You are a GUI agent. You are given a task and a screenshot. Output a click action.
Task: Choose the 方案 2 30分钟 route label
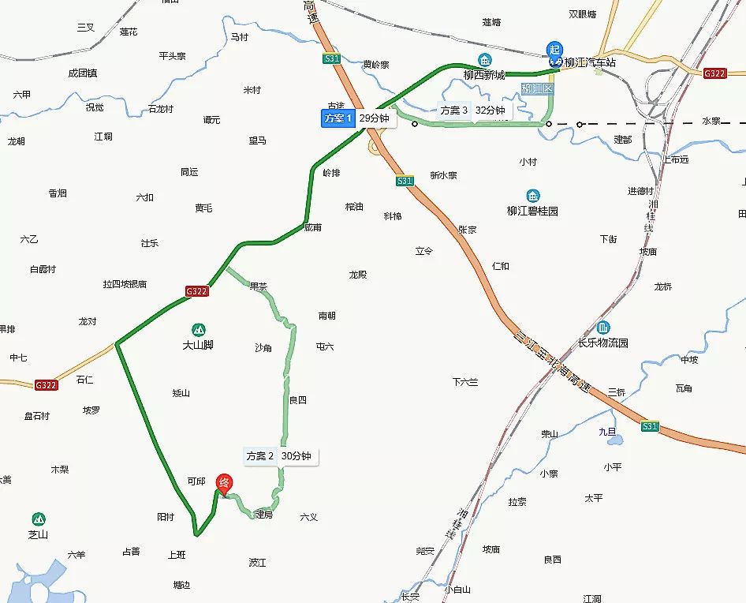[x=280, y=456]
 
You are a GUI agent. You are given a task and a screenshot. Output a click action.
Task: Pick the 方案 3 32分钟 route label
[x=473, y=110]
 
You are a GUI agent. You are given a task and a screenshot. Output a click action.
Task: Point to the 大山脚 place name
[x=198, y=345]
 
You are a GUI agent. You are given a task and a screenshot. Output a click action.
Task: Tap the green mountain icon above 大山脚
[x=198, y=328]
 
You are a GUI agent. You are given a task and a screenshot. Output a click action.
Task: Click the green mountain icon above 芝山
[x=39, y=519]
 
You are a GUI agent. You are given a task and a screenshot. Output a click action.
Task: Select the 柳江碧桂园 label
[x=532, y=212]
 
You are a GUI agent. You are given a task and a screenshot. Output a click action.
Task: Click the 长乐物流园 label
[x=603, y=343]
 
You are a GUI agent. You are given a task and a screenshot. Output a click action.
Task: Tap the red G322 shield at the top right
[x=714, y=73]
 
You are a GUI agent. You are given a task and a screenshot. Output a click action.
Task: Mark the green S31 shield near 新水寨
[x=405, y=181]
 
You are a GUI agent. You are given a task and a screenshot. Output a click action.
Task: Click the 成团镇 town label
[x=82, y=73]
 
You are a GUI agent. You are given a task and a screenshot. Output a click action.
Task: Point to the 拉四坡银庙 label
[x=125, y=284]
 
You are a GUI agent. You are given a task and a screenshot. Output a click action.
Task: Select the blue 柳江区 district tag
[x=538, y=89]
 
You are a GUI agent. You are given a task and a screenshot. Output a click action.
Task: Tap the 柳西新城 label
[x=483, y=75]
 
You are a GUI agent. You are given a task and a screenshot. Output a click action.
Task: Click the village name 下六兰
[x=465, y=382]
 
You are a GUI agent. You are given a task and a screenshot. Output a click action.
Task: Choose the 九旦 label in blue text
[x=607, y=432]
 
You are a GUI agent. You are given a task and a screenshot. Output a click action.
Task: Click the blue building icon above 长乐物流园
[x=603, y=327]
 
